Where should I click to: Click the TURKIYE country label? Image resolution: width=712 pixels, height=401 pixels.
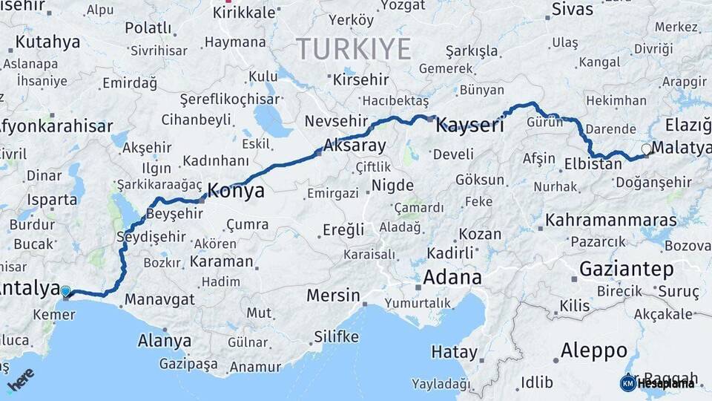(x=354, y=49)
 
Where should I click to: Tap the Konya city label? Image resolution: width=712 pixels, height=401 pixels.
(x=236, y=191)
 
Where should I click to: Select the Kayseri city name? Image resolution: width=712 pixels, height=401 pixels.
(x=469, y=125)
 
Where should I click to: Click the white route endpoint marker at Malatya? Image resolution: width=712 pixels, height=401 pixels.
(x=646, y=149)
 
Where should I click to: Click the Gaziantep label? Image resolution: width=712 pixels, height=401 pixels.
(x=626, y=268)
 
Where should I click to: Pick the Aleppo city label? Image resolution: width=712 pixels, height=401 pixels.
(x=593, y=350)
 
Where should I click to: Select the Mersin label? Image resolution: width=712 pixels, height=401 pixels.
(x=333, y=295)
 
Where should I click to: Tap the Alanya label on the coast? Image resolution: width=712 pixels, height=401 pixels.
(x=165, y=341)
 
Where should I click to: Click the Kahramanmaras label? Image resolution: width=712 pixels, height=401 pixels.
(x=610, y=221)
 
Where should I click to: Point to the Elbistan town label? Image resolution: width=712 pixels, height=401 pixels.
(x=593, y=164)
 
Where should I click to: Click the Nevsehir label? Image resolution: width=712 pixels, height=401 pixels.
(x=332, y=121)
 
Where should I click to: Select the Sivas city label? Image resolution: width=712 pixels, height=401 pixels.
(x=573, y=10)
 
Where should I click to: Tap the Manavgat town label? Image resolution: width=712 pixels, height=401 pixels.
(x=159, y=300)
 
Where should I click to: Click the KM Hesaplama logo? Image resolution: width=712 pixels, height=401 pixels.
(x=657, y=383)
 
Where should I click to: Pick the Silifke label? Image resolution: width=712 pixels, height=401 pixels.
(x=335, y=336)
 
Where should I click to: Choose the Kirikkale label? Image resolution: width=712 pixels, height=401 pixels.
(x=244, y=13)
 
